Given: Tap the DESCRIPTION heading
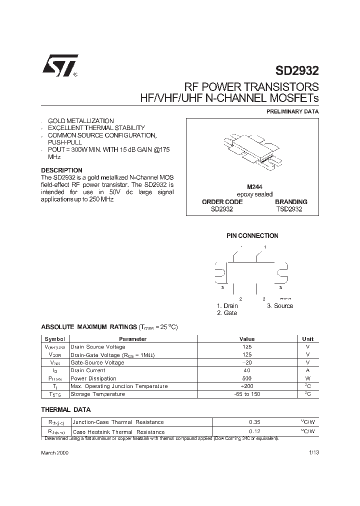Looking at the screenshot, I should click(61, 170).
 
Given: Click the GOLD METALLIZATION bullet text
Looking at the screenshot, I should click(80, 121).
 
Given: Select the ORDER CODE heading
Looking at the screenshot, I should click(222, 202).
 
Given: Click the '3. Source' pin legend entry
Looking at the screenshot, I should click(279, 306).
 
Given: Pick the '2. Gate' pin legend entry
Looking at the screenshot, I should click(227, 313).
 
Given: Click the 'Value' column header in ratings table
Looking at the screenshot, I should click(247, 339).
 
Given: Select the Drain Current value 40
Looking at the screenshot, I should click(247, 370).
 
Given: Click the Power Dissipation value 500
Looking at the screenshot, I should click(247, 378).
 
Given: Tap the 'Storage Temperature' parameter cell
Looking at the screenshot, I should click(97, 394).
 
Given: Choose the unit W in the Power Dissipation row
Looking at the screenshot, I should click(307, 378).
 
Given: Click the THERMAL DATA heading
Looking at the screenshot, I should click(65, 409).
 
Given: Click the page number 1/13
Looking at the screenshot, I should click(313, 452).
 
